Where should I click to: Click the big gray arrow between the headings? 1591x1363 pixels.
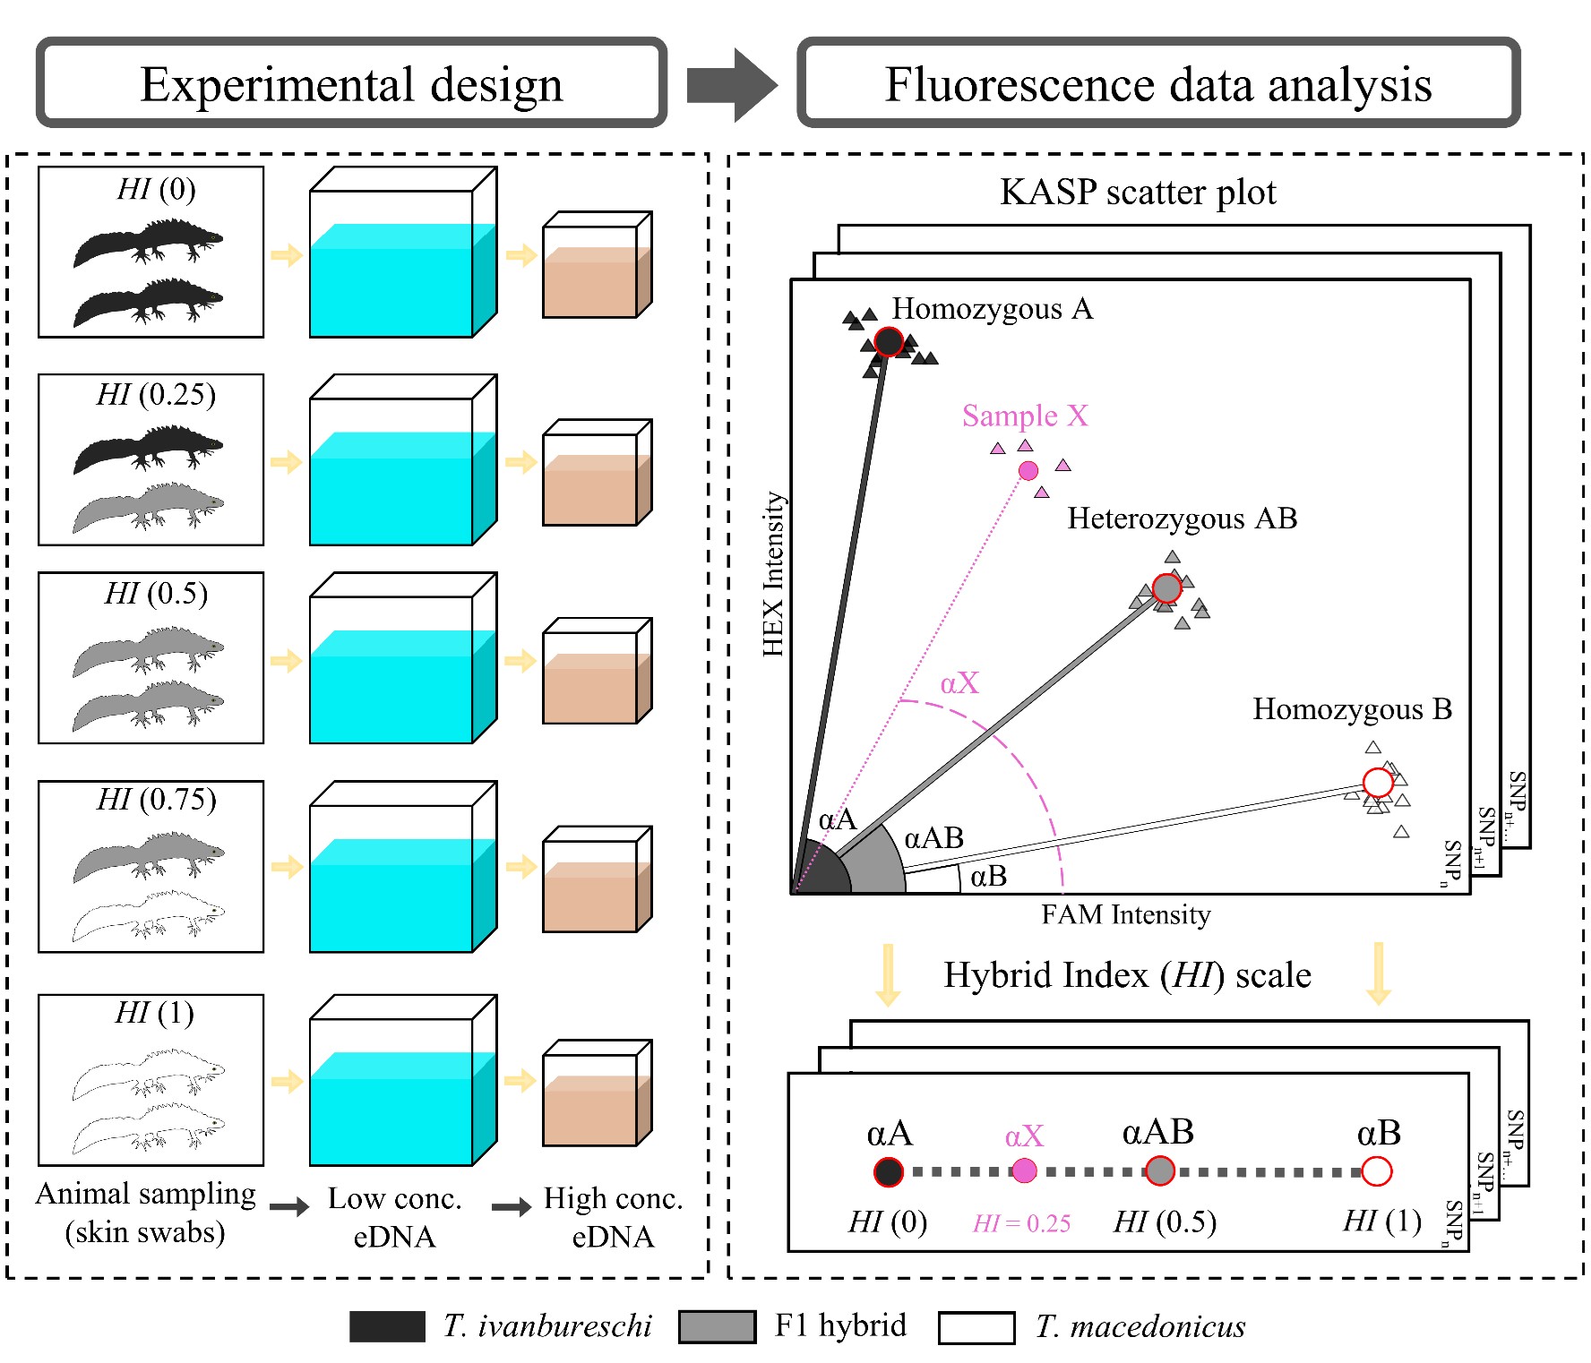click(732, 85)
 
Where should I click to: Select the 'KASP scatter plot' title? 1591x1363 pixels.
click(1138, 192)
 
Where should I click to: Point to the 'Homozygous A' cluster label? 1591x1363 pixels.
click(993, 309)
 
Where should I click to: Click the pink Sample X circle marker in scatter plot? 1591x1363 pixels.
click(1028, 470)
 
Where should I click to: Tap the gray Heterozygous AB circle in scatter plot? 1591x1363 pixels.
click(1166, 588)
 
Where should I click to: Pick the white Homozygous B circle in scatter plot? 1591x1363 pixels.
click(1378, 783)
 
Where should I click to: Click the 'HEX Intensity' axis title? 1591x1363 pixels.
click(773, 574)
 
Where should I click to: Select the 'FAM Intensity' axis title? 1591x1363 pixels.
click(1126, 914)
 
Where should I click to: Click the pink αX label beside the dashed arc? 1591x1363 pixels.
click(959, 683)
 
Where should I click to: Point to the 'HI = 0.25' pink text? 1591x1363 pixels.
click(1022, 1223)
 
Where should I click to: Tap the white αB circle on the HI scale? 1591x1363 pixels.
click(1377, 1170)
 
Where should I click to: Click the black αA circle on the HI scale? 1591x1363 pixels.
click(888, 1171)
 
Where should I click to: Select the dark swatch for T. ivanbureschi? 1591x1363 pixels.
click(387, 1326)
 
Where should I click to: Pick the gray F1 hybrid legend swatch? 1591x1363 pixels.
click(717, 1326)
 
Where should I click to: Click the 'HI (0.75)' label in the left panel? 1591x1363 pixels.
click(157, 799)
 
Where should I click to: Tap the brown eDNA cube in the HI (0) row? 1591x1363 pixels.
click(598, 265)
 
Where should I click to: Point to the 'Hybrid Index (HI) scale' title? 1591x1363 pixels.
click(1127, 975)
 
